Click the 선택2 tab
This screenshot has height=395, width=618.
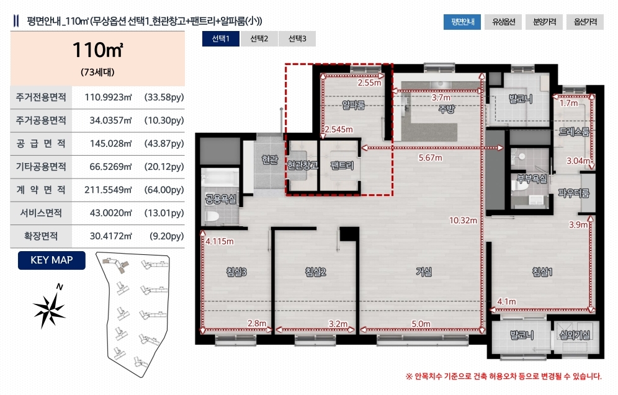pyautogui.click(x=259, y=38)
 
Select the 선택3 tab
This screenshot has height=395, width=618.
pyautogui.click(x=297, y=38)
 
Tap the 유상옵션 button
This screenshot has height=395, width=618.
pyautogui.click(x=503, y=22)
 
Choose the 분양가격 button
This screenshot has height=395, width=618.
pyautogui.click(x=544, y=22)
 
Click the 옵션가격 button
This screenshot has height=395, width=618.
pyautogui.click(x=585, y=22)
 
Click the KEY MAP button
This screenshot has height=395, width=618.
pyautogui.click(x=52, y=260)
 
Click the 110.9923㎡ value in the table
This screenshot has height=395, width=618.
pyautogui.click(x=108, y=97)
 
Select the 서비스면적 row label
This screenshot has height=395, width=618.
pyautogui.click(x=41, y=213)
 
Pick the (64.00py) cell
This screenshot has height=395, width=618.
pyautogui.click(x=164, y=190)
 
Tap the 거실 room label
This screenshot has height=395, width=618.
pyautogui.click(x=424, y=272)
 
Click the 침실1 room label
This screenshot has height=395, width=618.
pyautogui.click(x=542, y=272)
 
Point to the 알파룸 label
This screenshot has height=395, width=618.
pyautogui.click(x=354, y=105)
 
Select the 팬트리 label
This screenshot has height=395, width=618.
pyautogui.click(x=342, y=166)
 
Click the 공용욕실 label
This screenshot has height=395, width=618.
pyautogui.click(x=221, y=199)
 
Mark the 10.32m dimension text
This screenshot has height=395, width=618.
pyautogui.click(x=463, y=221)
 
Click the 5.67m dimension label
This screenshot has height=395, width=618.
pyautogui.click(x=431, y=158)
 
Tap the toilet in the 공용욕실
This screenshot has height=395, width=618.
pyautogui.click(x=212, y=217)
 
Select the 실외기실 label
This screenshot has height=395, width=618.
pyautogui.click(x=575, y=335)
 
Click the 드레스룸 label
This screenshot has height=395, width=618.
pyautogui.click(x=574, y=132)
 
